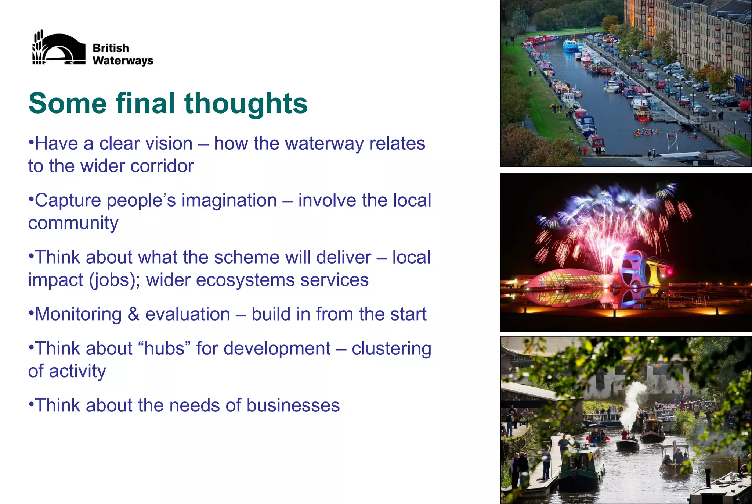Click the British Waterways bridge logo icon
pos(59,48)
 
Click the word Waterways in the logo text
pos(123,61)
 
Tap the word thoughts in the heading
pos(246,104)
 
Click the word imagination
pos(229,201)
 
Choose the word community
pos(73,223)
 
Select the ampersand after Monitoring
pos(133,314)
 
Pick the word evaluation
pos(188,314)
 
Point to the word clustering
pos(391,348)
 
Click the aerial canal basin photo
pos(626,83)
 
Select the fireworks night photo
pos(626,253)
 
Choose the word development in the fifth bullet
pos(277,348)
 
